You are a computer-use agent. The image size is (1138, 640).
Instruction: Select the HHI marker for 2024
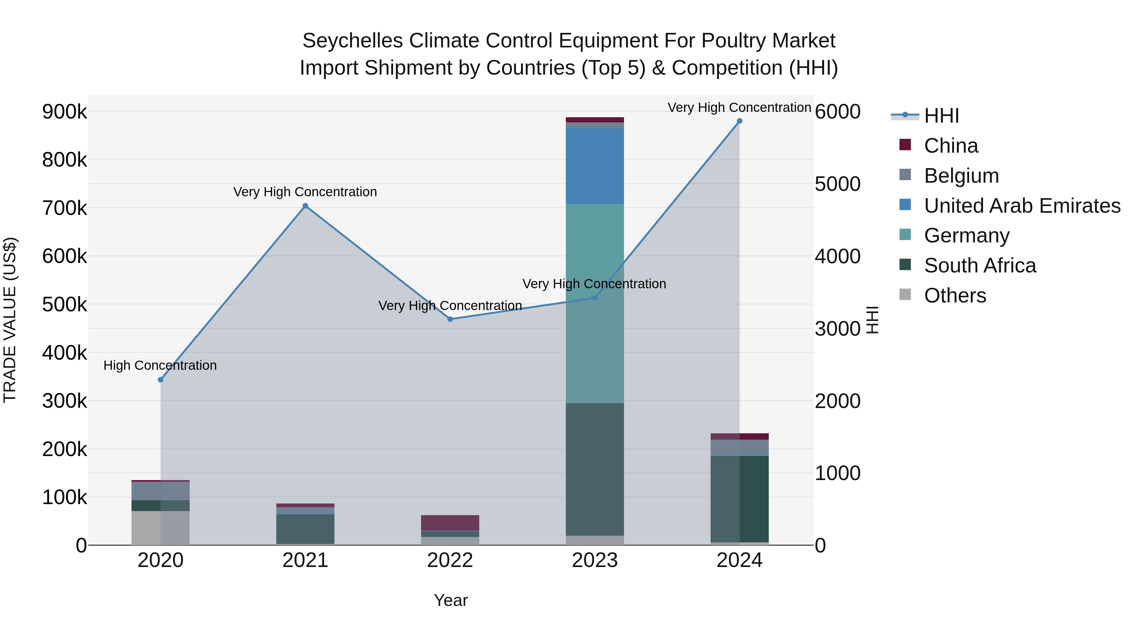(x=739, y=121)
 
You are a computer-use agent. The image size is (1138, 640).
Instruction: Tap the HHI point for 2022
(x=450, y=319)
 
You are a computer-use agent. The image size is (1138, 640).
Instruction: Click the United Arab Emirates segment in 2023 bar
(x=595, y=166)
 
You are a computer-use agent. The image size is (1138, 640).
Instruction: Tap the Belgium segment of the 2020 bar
(x=160, y=491)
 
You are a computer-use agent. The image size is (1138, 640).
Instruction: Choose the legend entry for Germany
(x=966, y=235)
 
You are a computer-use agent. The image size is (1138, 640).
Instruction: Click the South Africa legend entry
(x=979, y=265)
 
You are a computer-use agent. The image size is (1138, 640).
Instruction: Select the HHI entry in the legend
(x=941, y=116)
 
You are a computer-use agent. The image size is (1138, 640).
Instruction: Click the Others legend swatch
(x=905, y=295)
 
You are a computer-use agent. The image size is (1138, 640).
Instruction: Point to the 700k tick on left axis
(x=64, y=208)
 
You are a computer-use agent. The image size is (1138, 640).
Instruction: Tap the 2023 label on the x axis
(x=595, y=560)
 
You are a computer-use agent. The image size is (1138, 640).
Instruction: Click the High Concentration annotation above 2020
(x=160, y=365)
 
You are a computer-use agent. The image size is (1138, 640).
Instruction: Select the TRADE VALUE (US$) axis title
(x=10, y=320)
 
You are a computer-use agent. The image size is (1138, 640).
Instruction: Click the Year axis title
(x=450, y=600)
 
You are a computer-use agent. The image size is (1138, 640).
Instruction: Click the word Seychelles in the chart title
(x=352, y=41)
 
